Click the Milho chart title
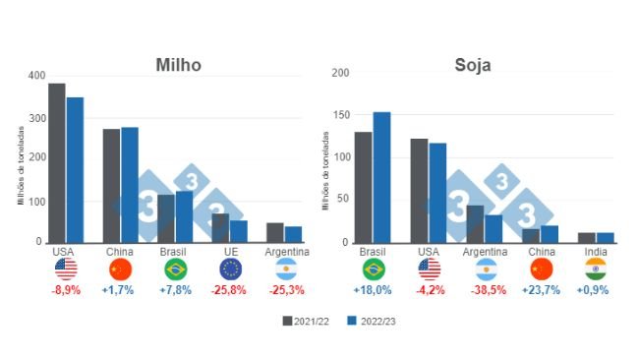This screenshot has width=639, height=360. click(178, 65)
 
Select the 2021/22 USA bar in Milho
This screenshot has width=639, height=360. click(57, 162)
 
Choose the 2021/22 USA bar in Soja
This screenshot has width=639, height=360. click(420, 190)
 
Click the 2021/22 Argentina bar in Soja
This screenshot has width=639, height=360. click(475, 223)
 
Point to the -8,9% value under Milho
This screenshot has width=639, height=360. click(66, 291)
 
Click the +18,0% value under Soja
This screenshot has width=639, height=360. click(373, 291)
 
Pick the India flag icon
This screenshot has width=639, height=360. click(596, 270)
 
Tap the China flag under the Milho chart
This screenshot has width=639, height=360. click(120, 270)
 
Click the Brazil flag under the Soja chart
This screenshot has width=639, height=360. click(373, 270)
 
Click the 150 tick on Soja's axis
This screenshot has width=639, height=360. click(342, 115)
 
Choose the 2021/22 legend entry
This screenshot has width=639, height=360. click(306, 321)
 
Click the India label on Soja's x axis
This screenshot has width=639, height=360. click(596, 252)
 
